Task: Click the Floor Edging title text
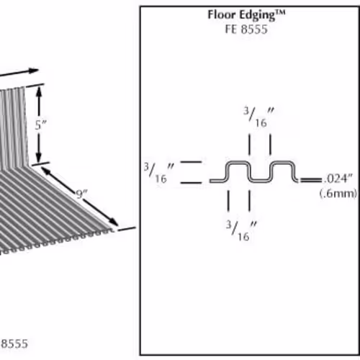(x=247, y=15)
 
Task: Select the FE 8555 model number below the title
(x=246, y=30)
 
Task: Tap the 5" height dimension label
(x=40, y=125)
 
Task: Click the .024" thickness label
(x=338, y=179)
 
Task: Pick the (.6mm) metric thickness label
(x=338, y=194)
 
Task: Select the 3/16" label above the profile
(x=258, y=117)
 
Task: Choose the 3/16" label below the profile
(x=241, y=231)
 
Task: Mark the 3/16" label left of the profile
(x=159, y=173)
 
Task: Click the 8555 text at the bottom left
(x=14, y=343)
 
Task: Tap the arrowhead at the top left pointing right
(x=34, y=71)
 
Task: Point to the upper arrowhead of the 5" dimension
(x=39, y=91)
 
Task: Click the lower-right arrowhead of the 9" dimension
(x=114, y=222)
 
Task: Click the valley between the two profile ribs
(x=260, y=180)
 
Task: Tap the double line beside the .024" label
(x=311, y=180)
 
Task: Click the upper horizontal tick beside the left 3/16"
(x=191, y=162)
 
